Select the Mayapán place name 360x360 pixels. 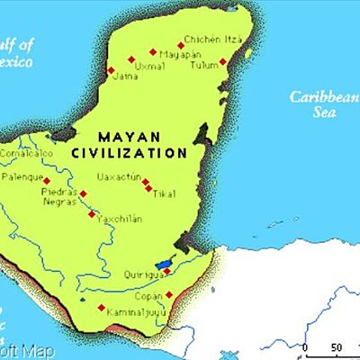point(176,55)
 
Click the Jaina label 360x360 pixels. point(126,78)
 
